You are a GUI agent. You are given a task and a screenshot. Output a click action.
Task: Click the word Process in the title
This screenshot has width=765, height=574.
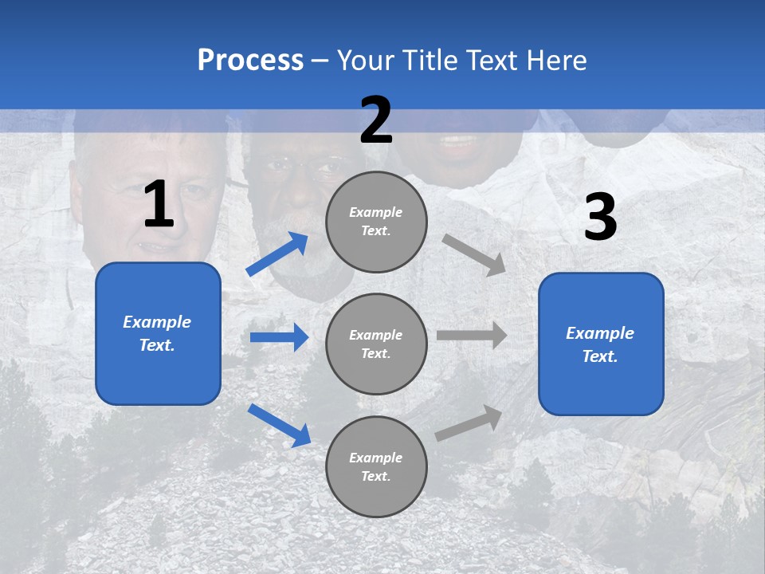coord(250,60)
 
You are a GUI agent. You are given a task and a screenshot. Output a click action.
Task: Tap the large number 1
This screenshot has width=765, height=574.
coord(159,205)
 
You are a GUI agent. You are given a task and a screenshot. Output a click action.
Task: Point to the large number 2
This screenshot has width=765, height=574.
coord(376,120)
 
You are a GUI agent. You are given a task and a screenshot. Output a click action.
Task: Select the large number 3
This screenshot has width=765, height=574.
coord(600,218)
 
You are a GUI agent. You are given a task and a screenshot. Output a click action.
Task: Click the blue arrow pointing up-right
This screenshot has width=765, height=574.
coord(277,254)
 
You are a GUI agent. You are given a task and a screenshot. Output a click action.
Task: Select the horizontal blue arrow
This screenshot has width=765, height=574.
coord(279,337)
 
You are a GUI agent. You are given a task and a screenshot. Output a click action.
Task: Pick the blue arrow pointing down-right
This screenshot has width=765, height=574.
coord(279,425)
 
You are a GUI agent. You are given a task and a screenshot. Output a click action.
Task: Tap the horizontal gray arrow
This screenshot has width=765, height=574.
coord(472,335)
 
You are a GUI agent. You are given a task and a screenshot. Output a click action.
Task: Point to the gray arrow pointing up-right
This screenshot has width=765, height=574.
coord(469,423)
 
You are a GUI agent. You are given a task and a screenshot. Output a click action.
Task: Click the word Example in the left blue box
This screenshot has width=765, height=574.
coord(157,322)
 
